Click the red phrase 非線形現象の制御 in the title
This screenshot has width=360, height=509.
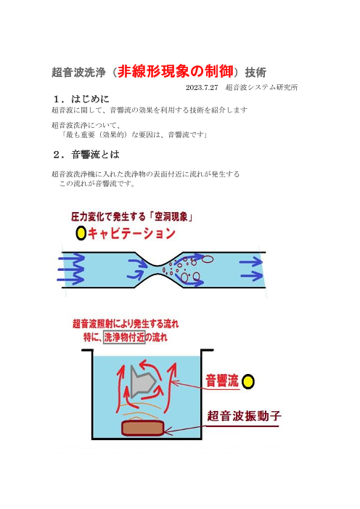(x=176, y=71)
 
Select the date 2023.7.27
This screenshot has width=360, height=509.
(x=202, y=87)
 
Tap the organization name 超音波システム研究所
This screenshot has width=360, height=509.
(x=261, y=87)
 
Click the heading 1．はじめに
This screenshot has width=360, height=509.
(x=81, y=99)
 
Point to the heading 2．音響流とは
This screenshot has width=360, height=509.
(x=86, y=155)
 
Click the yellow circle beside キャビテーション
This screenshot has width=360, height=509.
(x=81, y=233)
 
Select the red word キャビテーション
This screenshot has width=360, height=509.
(x=131, y=233)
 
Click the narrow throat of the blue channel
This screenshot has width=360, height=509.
(x=158, y=270)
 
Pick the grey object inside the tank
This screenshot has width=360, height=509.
(x=143, y=381)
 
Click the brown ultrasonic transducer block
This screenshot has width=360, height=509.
(x=142, y=428)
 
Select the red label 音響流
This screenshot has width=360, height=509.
(x=222, y=380)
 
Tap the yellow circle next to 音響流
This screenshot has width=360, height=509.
(x=248, y=381)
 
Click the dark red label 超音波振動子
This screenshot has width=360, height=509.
(x=244, y=416)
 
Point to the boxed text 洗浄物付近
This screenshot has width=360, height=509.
(x=124, y=338)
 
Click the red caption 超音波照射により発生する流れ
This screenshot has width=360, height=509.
(x=126, y=324)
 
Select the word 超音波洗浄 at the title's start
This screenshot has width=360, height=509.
(x=78, y=72)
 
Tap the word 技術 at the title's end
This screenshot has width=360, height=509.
(x=255, y=72)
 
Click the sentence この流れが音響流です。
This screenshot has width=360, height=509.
(x=97, y=184)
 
